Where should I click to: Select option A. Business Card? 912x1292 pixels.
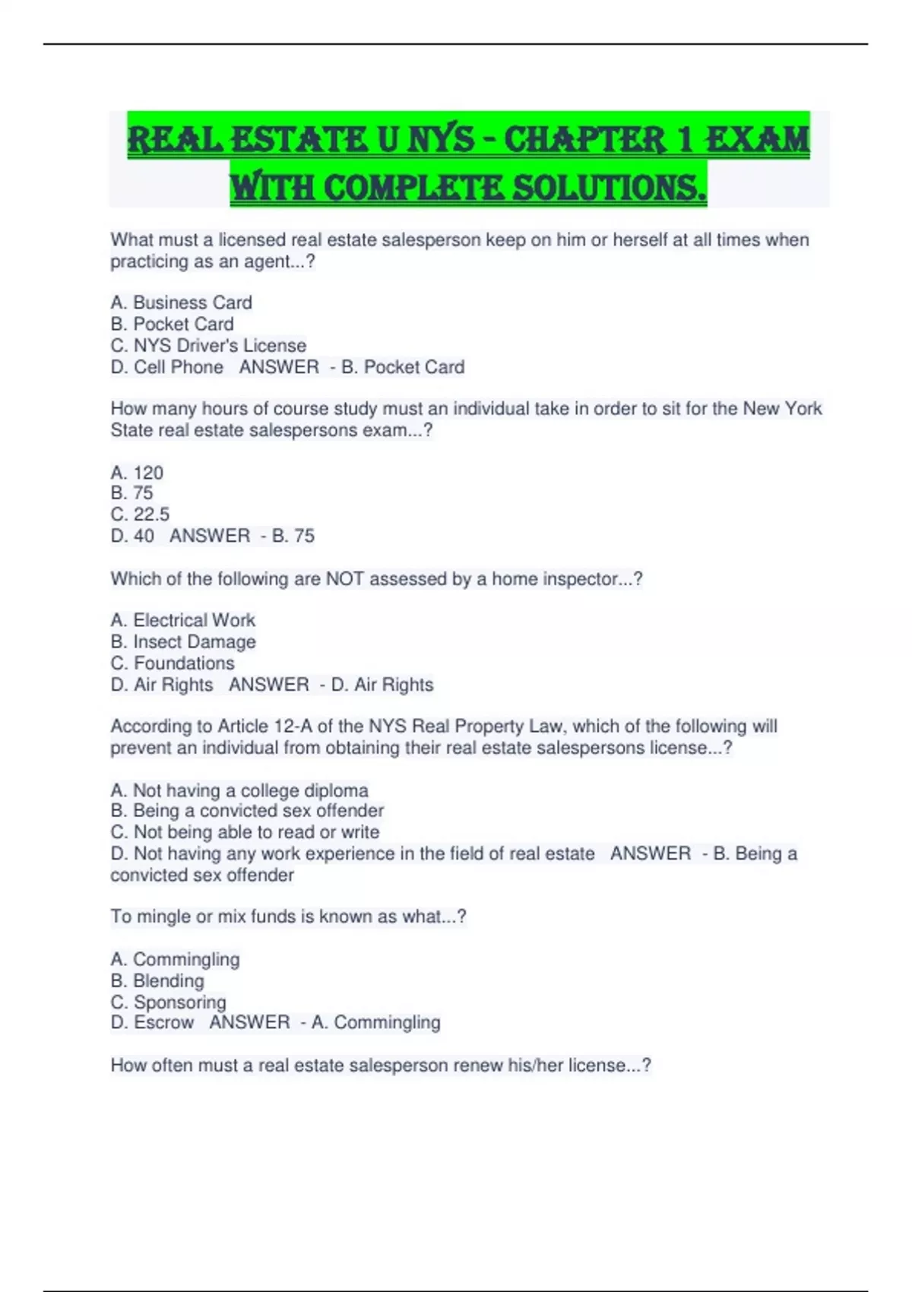[x=181, y=302]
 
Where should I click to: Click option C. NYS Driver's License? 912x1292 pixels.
[x=208, y=346]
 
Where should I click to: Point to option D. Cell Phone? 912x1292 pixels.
[x=167, y=367]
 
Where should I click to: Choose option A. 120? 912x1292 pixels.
[x=137, y=473]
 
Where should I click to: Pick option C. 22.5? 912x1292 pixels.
[x=140, y=515]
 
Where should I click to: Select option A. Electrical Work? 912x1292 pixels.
[x=182, y=620]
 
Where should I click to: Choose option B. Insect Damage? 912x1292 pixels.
[x=182, y=642]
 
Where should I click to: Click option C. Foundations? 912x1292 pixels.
[x=173, y=663]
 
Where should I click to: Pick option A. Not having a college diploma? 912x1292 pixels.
[x=239, y=790]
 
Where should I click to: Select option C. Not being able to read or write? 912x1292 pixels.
[x=245, y=832]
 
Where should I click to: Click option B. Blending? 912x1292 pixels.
[x=157, y=981]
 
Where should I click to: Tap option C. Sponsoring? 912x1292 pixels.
[x=168, y=1002]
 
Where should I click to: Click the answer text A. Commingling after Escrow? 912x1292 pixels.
[x=375, y=1023]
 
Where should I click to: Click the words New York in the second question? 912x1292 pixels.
[x=782, y=409]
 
